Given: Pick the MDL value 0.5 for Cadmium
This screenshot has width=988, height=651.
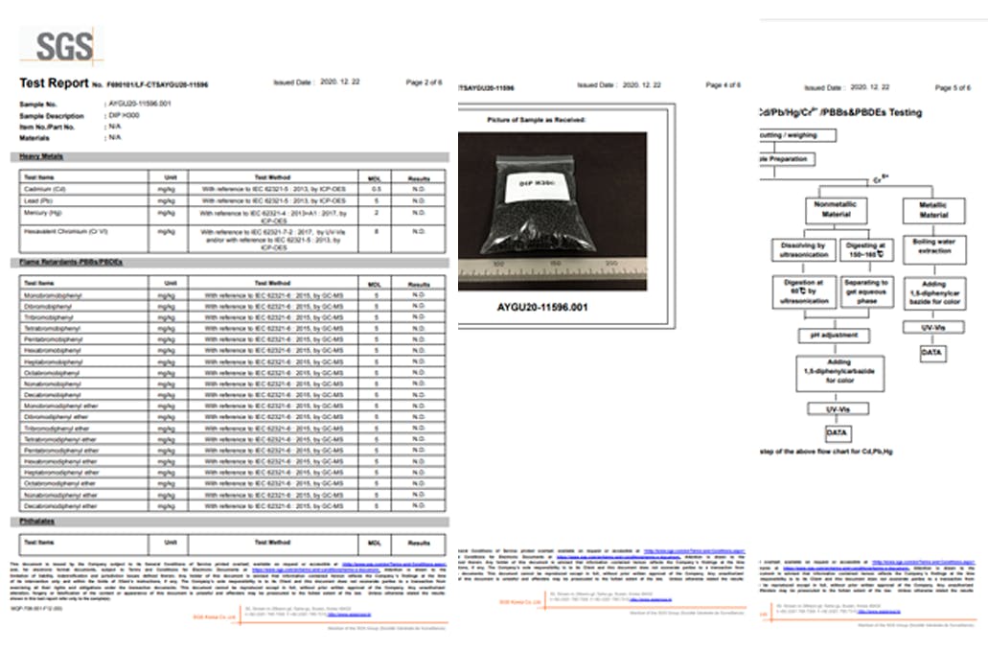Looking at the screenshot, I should click(x=376, y=189).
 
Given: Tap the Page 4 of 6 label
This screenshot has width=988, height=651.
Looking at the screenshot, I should click(x=723, y=85).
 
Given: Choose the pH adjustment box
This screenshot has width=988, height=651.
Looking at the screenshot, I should click(x=834, y=337).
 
